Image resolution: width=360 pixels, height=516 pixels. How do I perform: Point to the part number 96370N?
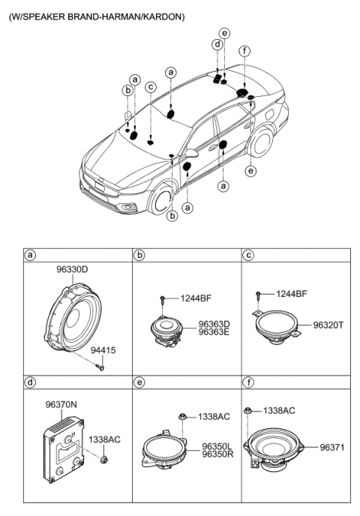pyautogui.click(x=61, y=404)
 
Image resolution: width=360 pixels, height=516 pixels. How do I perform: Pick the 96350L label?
pyautogui.click(x=217, y=445)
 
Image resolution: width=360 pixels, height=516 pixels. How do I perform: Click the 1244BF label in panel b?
pyautogui.click(x=196, y=298)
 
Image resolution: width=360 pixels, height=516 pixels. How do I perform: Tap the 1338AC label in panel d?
pyautogui.click(x=103, y=439)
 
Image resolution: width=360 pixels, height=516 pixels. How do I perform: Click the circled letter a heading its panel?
pyautogui.click(x=31, y=256)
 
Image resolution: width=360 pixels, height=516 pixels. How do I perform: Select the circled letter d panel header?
pyautogui.click(x=31, y=382)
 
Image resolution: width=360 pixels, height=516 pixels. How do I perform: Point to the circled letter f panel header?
pyautogui.click(x=248, y=382)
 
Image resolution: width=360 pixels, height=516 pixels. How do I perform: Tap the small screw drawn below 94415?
pyautogui.click(x=98, y=367)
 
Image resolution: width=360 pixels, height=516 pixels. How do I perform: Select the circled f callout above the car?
pyautogui.click(x=244, y=51)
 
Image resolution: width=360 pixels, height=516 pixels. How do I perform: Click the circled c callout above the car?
pyautogui.click(x=150, y=87)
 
